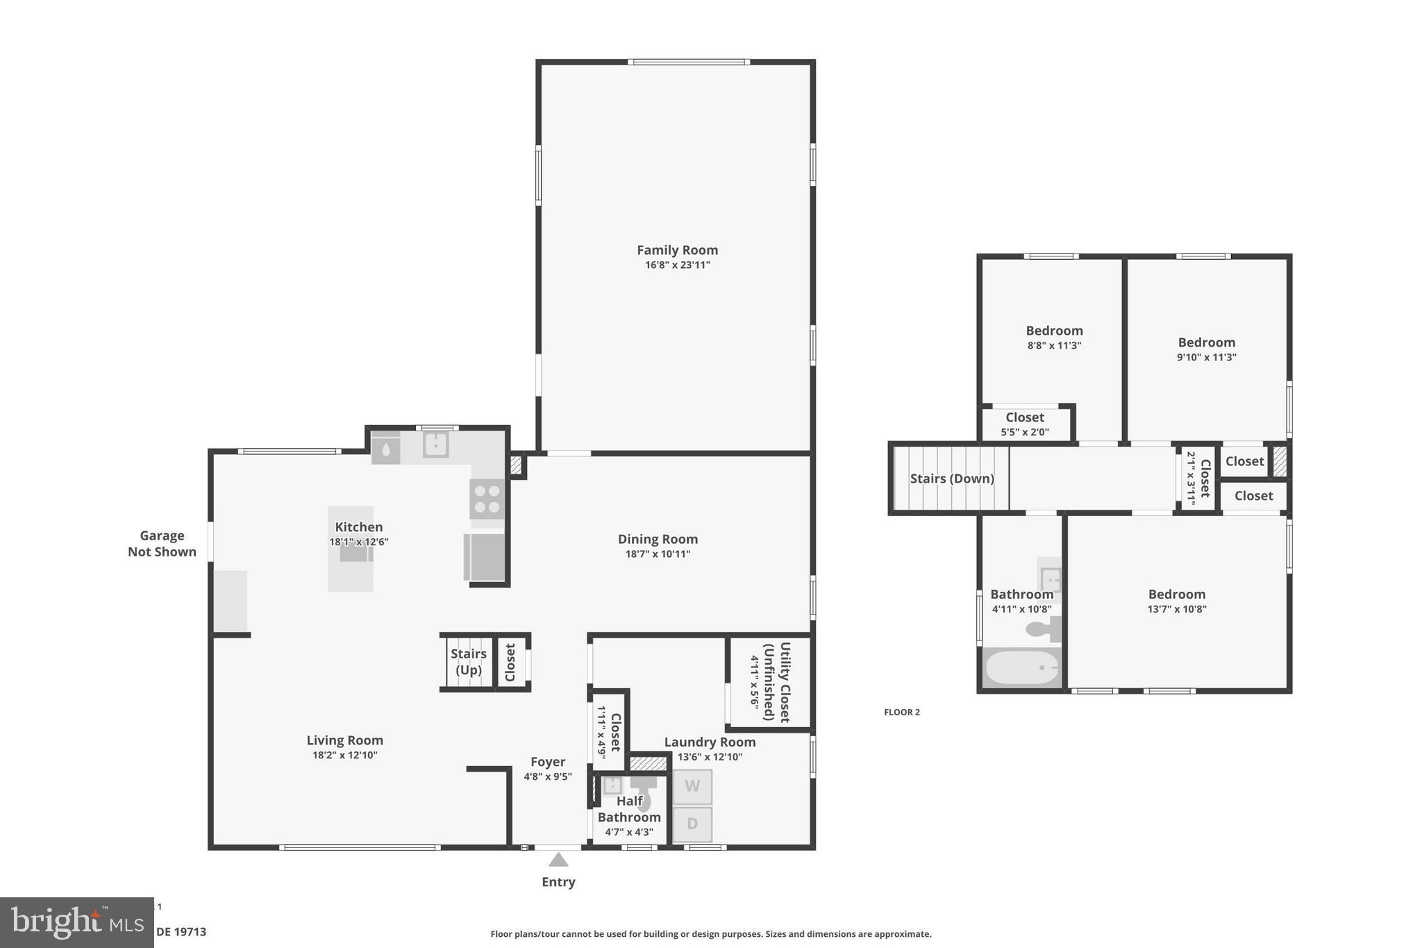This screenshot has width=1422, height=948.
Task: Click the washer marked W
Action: pyautogui.click(x=692, y=786)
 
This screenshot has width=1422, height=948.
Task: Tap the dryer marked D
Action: pyautogui.click(x=692, y=824)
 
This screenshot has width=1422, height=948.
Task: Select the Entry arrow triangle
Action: pyautogui.click(x=558, y=860)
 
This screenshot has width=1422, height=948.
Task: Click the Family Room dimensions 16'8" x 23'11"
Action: pyautogui.click(x=677, y=265)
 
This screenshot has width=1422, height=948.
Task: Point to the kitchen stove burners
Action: pyautogui.click(x=487, y=499)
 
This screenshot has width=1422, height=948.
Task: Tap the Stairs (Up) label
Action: pyautogui.click(x=469, y=661)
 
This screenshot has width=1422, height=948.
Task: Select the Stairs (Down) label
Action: pyautogui.click(x=952, y=479)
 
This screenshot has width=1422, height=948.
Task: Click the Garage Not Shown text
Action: pyautogui.click(x=162, y=543)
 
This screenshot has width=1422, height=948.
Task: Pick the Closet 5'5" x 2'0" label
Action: pyautogui.click(x=1025, y=424)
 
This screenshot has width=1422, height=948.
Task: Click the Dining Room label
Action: pyautogui.click(x=658, y=539)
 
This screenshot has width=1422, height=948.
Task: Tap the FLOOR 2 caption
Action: pyautogui.click(x=901, y=712)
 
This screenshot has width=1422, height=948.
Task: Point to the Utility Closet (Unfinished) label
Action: pyautogui.click(x=777, y=681)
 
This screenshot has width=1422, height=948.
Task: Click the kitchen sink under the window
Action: pyautogui.click(x=435, y=444)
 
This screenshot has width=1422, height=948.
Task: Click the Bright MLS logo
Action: pyautogui.click(x=76, y=922)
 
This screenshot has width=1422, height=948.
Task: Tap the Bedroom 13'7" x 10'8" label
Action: pyautogui.click(x=1176, y=601)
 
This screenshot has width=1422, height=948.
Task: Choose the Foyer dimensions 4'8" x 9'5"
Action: pyautogui.click(x=547, y=776)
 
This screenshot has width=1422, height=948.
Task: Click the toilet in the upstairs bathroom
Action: pyautogui.click(x=1044, y=629)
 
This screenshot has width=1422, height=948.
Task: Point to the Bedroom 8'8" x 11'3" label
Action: pyautogui.click(x=1054, y=337)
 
